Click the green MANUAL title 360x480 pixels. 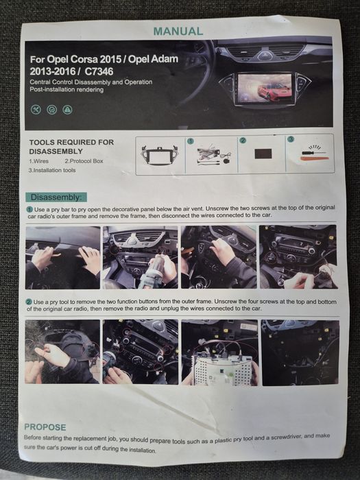(x=178, y=32)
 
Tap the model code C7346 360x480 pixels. (x=99, y=71)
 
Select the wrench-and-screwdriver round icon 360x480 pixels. (x=36, y=109)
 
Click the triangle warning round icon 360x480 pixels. (x=67, y=110)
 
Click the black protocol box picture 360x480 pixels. (x=263, y=154)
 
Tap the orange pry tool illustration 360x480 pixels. (x=315, y=158)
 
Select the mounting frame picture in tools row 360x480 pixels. (x=160, y=156)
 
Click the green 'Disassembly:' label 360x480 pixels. (x=56, y=197)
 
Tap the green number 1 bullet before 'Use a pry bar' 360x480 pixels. (x=29, y=210)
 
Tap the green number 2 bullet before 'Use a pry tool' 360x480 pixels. (x=29, y=302)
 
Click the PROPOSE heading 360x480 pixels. (x=45, y=427)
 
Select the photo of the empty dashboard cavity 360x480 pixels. (x=300, y=352)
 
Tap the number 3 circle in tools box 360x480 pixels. (x=291, y=139)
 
